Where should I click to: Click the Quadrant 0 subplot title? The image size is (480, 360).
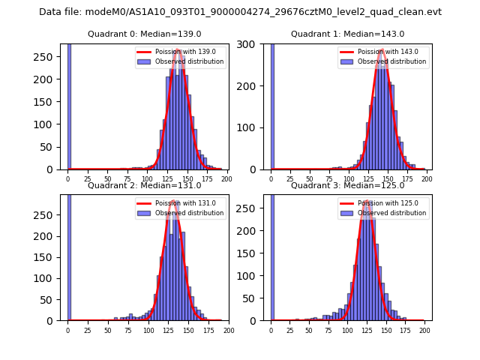144,34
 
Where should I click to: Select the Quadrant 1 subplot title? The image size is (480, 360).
347,34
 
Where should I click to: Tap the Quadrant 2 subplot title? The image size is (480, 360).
144,185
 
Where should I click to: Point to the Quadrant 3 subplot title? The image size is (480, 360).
347,185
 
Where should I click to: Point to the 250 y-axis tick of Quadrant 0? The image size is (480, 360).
49,57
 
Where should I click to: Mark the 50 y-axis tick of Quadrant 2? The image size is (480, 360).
52,299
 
